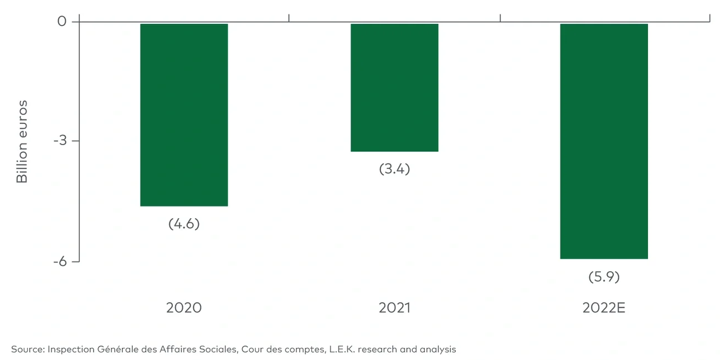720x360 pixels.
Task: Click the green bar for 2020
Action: tap(184, 115)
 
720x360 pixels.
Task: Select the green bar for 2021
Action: tap(394, 88)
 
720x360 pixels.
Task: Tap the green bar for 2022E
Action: tap(604, 141)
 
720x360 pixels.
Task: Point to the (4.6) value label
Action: tap(184, 224)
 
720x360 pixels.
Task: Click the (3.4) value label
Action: tap(394, 169)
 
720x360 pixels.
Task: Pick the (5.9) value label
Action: tap(604, 276)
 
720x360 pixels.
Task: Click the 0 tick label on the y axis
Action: tap(61, 22)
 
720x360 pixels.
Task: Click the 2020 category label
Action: tap(184, 308)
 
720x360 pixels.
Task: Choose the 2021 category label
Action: tap(394, 308)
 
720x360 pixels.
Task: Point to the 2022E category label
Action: tap(604, 308)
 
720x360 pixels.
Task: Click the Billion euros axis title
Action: tap(22, 141)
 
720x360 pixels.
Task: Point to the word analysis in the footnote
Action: tap(437, 349)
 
